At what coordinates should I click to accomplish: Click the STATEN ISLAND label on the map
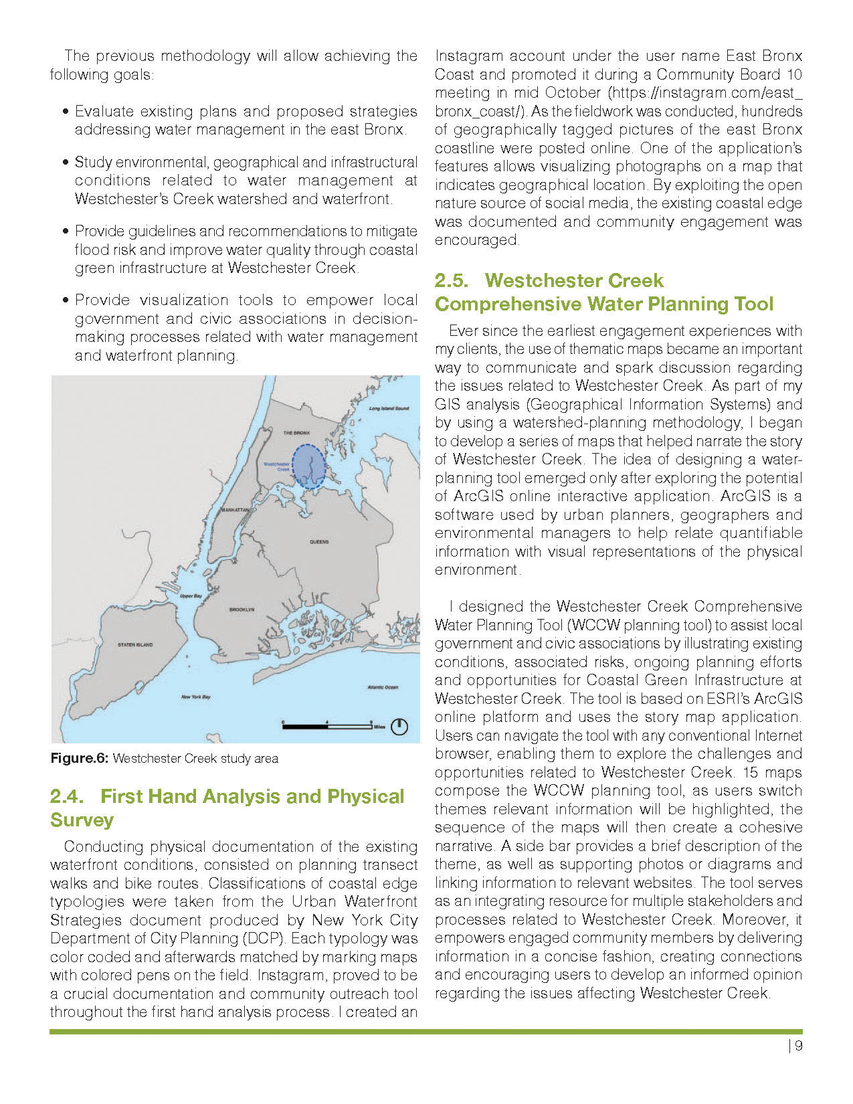[135, 645]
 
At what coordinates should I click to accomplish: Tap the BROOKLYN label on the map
[242, 610]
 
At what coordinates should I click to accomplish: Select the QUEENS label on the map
[319, 541]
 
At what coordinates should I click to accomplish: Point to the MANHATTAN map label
[235, 510]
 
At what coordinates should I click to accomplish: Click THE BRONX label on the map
[297, 433]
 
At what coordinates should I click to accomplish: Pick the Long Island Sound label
[389, 408]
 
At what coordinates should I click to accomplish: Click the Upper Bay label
[191, 596]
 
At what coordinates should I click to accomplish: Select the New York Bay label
[195, 697]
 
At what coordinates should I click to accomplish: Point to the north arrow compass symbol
[399, 726]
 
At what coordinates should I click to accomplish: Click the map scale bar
[327, 725]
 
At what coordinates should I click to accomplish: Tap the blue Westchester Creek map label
[277, 466]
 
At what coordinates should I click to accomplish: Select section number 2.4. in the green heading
[67, 797]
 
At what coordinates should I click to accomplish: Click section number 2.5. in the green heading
[452, 280]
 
